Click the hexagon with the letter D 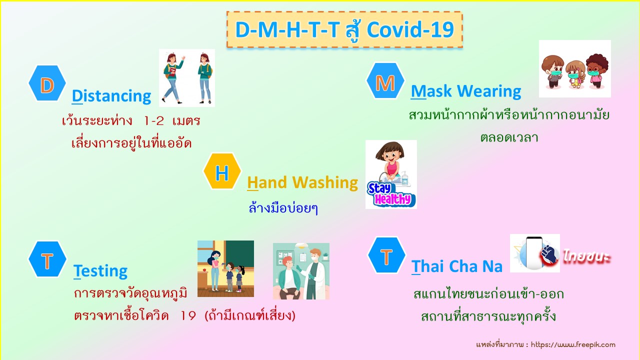click(x=47, y=83)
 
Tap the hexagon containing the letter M click(x=385, y=81)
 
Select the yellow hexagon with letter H click(x=222, y=171)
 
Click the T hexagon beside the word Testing click(x=47, y=259)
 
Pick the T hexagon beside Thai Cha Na click(x=386, y=255)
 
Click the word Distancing click(x=111, y=96)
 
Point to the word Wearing click(x=489, y=91)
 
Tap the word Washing click(x=325, y=182)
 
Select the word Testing click(x=100, y=271)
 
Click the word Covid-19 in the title click(x=410, y=29)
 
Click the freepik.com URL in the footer click(x=573, y=345)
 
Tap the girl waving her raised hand click(x=173, y=77)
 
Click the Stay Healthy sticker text click(x=390, y=194)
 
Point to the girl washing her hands click(x=390, y=161)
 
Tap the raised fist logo click(x=549, y=254)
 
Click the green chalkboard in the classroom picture click(x=239, y=257)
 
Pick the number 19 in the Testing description click(x=188, y=315)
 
